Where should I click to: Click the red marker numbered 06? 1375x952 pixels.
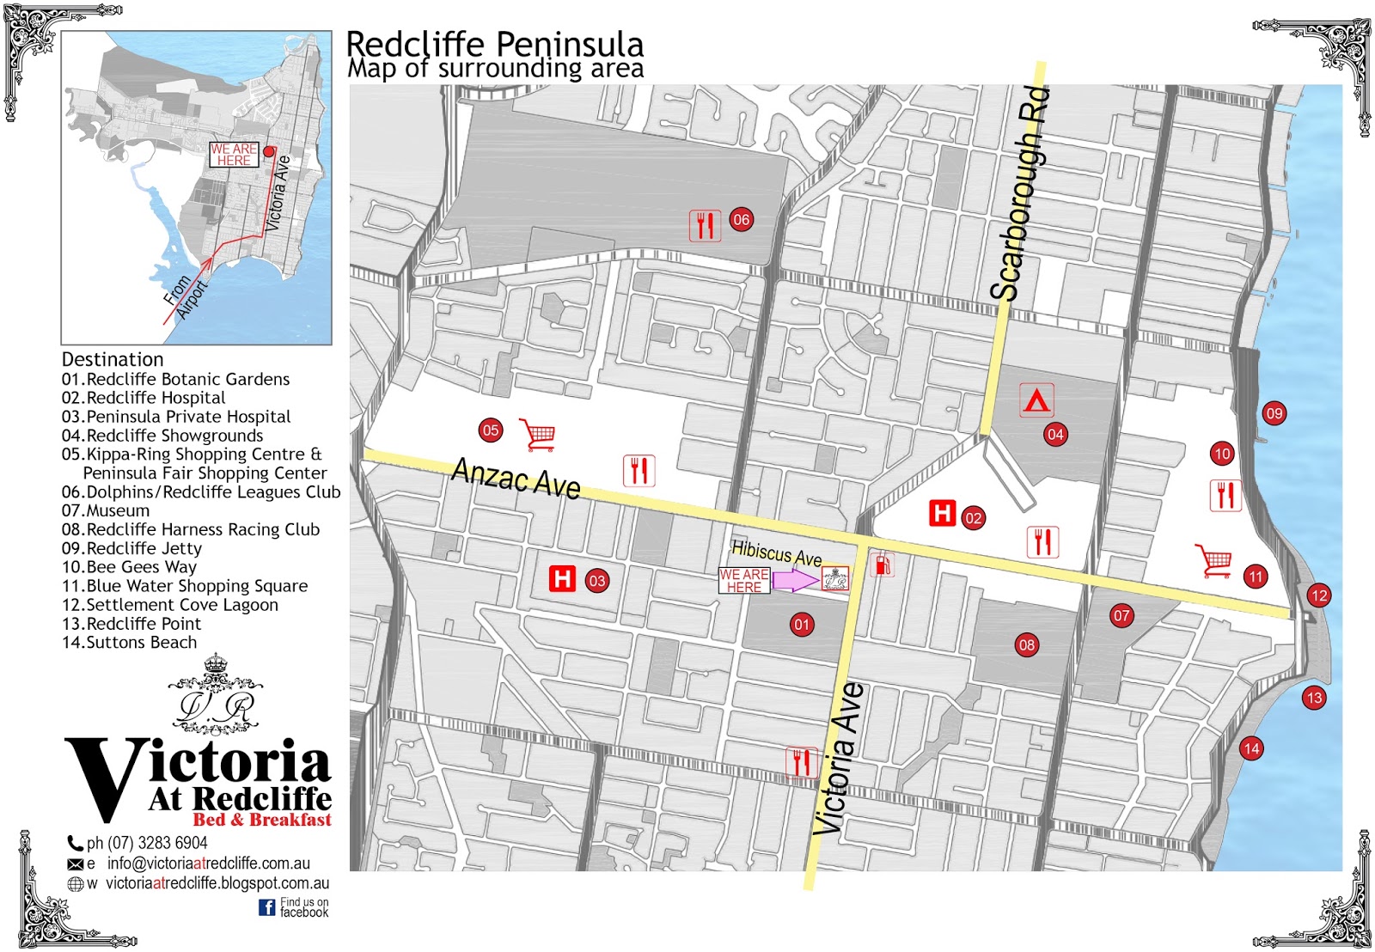[x=741, y=219]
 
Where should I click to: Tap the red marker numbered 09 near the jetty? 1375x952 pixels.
[x=1274, y=413]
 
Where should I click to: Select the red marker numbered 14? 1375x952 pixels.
[x=1251, y=748]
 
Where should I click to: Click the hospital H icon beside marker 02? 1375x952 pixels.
[x=943, y=514]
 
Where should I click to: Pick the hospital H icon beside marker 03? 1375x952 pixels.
[x=562, y=578]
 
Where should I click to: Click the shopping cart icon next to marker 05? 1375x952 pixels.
[x=539, y=435]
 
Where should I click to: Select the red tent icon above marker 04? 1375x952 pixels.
[x=1036, y=400]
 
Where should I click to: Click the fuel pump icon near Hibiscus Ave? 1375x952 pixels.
[x=883, y=564]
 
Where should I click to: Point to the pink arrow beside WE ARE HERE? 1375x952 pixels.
[x=795, y=581]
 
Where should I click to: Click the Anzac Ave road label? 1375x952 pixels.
[x=516, y=479]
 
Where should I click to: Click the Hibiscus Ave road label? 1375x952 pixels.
[x=776, y=553]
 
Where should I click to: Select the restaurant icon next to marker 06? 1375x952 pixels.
[x=705, y=226]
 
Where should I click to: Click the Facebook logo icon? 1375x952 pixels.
[x=267, y=907]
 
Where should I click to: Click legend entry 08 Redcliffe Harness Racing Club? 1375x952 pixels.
[x=191, y=529]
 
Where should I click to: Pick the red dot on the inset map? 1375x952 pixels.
[x=269, y=151]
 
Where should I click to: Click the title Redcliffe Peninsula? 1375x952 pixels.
[x=494, y=44]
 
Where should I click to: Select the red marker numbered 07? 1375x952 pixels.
[x=1121, y=615]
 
